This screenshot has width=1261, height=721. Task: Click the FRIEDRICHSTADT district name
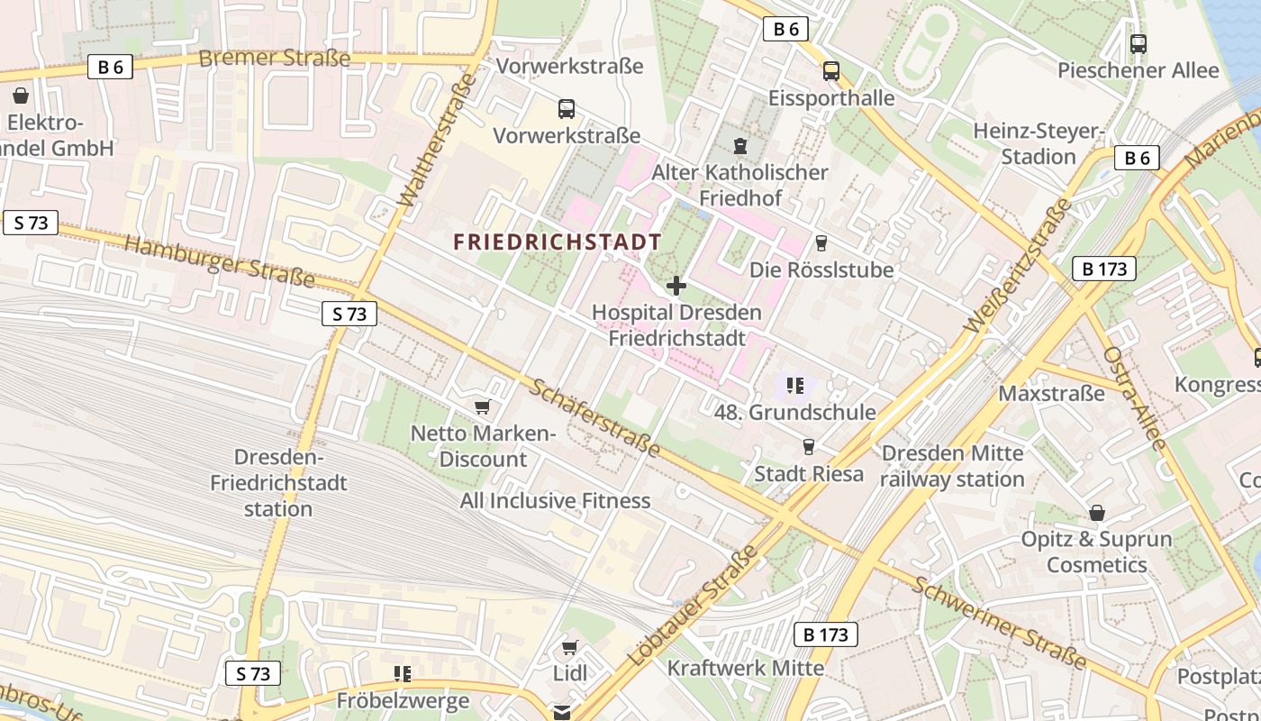tap(558, 242)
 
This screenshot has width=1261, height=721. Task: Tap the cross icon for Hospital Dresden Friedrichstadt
tap(676, 287)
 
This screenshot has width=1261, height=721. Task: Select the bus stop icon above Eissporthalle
tap(830, 71)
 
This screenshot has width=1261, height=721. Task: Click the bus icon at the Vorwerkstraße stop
tap(567, 109)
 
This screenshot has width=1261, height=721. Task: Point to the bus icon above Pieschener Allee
tap(1138, 43)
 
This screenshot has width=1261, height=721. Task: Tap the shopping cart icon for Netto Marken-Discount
tap(483, 407)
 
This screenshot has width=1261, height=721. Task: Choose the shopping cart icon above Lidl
tap(569, 647)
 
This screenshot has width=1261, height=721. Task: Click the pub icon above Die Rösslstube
tap(821, 243)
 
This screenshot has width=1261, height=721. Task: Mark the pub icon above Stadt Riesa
tap(808, 447)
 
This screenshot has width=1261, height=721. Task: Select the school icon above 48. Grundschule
tap(794, 386)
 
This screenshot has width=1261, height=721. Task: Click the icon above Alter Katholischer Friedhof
tap(740, 145)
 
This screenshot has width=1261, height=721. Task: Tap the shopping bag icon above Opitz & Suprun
tap(1096, 513)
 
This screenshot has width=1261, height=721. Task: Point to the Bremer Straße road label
tap(274, 59)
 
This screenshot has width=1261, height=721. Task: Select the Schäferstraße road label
tap(594, 416)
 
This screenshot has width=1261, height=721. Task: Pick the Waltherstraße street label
tap(437, 140)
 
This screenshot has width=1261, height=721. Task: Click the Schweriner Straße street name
tap(1000, 621)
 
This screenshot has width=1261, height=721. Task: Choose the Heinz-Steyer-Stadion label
tap(1039, 143)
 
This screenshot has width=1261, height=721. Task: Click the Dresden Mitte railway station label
tap(952, 466)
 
